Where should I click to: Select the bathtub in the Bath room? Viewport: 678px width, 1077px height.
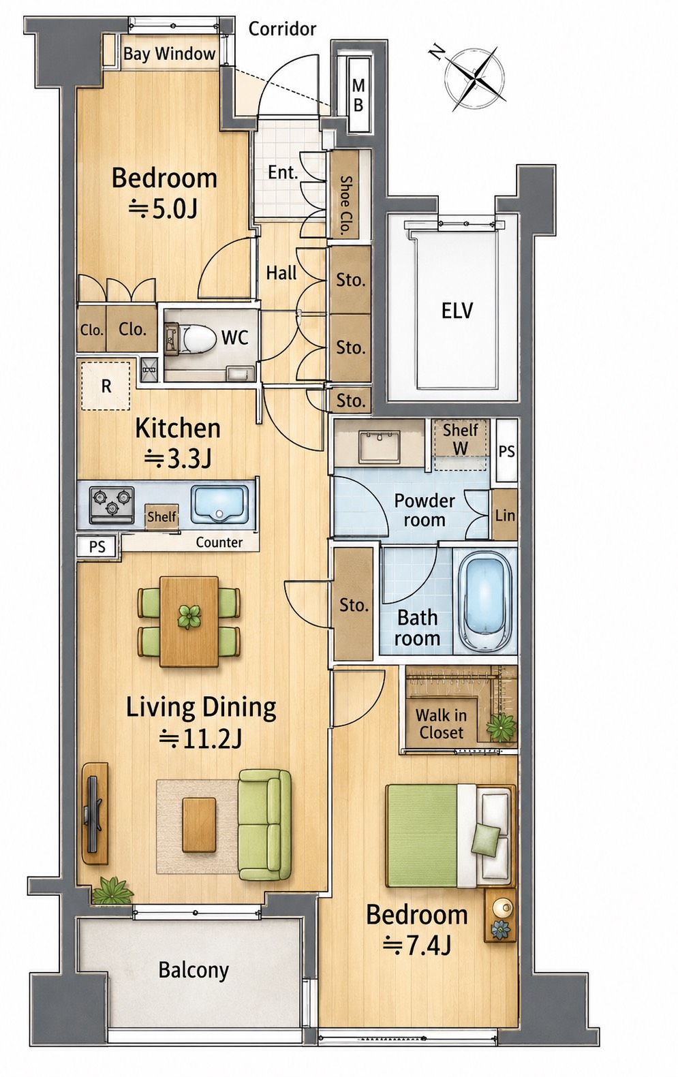tap(485, 602)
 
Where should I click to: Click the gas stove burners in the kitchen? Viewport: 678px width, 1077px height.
tap(112, 505)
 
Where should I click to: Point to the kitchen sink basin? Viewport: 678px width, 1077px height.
tap(219, 504)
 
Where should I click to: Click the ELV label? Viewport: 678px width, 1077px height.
tap(457, 311)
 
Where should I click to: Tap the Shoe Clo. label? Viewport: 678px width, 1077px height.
tap(345, 205)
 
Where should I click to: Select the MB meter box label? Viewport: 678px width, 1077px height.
tap(358, 95)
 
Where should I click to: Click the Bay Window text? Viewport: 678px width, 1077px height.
tap(169, 54)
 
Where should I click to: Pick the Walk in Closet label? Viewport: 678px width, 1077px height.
tap(441, 723)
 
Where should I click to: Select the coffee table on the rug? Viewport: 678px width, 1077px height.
tap(199, 824)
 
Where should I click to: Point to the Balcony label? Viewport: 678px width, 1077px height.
tap(194, 970)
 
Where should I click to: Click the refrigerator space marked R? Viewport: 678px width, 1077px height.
tap(106, 386)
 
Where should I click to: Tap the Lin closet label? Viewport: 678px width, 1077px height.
tap(505, 516)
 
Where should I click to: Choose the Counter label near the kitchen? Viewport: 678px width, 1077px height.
tap(219, 542)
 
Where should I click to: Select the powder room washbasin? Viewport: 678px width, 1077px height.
tap(380, 447)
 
